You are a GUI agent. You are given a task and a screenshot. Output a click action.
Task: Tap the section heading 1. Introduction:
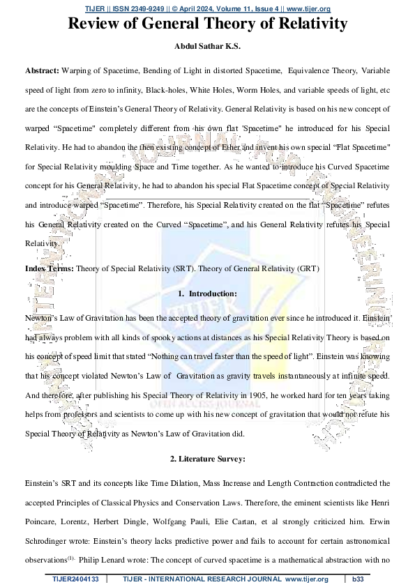(x=207, y=293)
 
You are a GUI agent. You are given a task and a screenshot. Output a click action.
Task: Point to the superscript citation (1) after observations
(x=81, y=537)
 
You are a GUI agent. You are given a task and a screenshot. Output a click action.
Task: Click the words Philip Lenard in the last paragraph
(x=114, y=539)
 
